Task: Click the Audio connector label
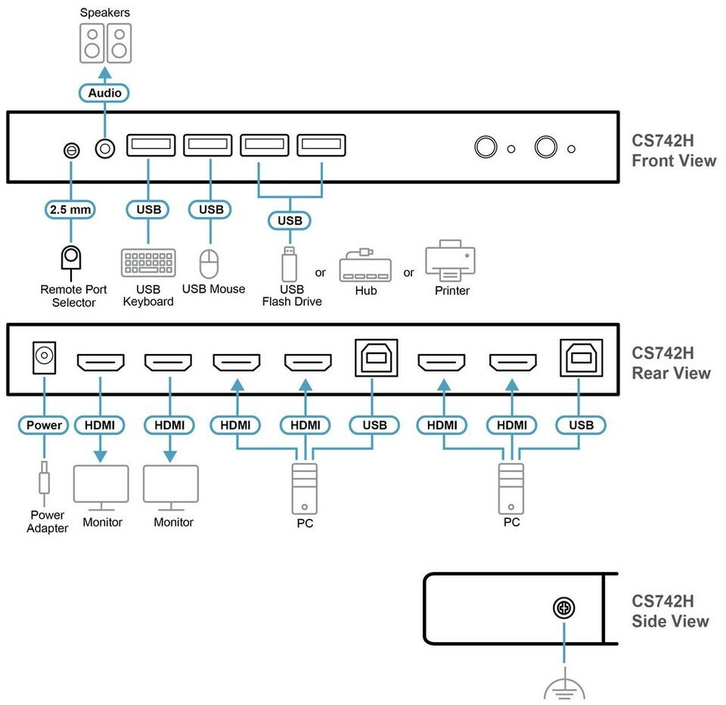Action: point(104,92)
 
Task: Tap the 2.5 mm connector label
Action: point(70,210)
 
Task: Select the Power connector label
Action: point(44,425)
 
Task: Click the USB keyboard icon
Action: point(148,262)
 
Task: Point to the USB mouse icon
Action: point(209,263)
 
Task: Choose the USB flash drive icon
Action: point(290,263)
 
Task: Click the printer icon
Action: point(451,260)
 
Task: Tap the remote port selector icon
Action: point(71,262)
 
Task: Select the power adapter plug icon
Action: point(44,483)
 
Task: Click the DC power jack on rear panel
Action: point(44,357)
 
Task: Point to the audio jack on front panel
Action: point(105,149)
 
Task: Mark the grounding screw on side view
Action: point(564,607)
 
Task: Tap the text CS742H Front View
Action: point(674,151)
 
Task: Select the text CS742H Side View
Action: point(670,611)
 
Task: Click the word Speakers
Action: point(104,13)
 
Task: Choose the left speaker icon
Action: point(92,43)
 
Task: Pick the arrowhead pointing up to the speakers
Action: point(105,73)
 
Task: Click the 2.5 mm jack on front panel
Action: point(71,150)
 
